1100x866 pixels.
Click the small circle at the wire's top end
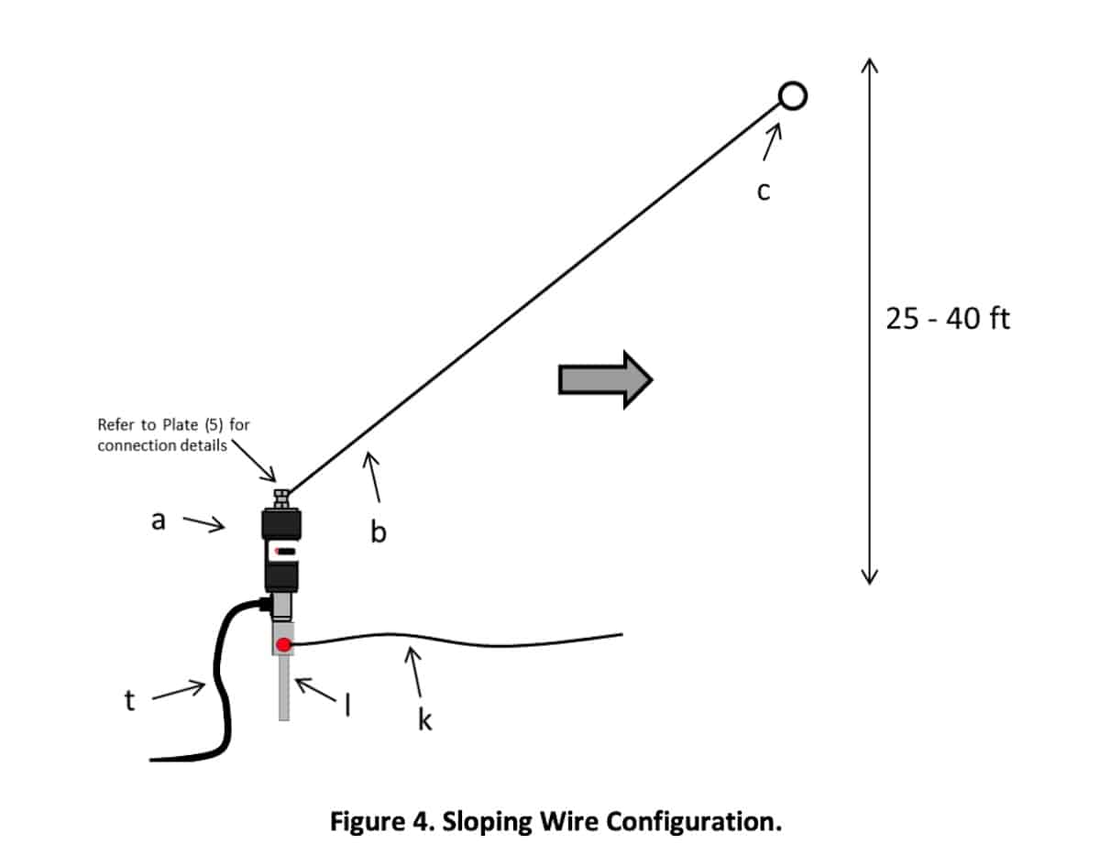click(792, 95)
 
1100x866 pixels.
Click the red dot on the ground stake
click(284, 645)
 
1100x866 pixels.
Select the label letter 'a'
click(158, 521)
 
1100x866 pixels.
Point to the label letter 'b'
click(378, 531)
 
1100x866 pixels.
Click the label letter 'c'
click(763, 192)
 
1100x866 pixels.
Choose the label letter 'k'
click(424, 721)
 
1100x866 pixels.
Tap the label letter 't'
click(129, 701)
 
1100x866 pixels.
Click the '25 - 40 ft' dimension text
click(948, 319)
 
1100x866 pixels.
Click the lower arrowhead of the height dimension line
click(870, 576)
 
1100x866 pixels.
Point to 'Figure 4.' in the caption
click(382, 820)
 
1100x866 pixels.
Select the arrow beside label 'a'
click(203, 523)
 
